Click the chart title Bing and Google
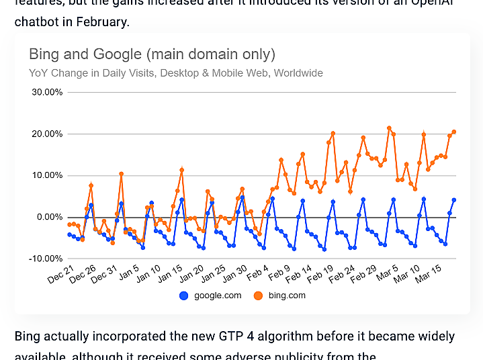pyautogui.click(x=152, y=54)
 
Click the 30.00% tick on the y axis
pyautogui.click(x=48, y=92)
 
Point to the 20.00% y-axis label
pyautogui.click(x=48, y=134)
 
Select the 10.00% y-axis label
pyautogui.click(x=48, y=175)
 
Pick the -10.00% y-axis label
pyautogui.click(x=47, y=259)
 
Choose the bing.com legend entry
pyautogui.click(x=287, y=296)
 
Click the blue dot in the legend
pyautogui.click(x=184, y=296)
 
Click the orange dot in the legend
pyautogui.click(x=258, y=296)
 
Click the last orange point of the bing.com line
pyautogui.click(x=454, y=132)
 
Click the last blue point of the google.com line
pyautogui.click(x=454, y=199)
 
